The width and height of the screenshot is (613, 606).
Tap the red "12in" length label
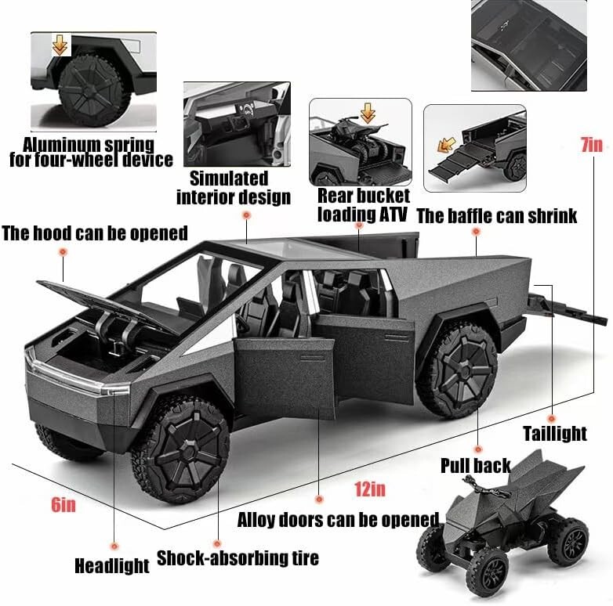tap(369, 489)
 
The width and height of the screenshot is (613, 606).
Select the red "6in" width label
tap(63, 504)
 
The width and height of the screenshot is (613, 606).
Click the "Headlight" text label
tap(112, 565)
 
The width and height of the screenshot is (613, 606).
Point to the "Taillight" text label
tap(555, 434)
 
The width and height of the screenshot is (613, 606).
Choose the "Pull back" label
tap(475, 466)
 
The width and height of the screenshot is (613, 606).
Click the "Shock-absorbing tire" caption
tap(238, 558)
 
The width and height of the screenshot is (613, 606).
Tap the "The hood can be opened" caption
tap(94, 233)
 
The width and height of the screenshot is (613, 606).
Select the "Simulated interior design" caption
tap(233, 188)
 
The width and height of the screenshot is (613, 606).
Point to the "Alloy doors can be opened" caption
tap(338, 519)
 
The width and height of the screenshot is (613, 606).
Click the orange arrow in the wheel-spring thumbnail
tap(60, 46)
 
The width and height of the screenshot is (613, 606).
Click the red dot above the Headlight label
tap(114, 545)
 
